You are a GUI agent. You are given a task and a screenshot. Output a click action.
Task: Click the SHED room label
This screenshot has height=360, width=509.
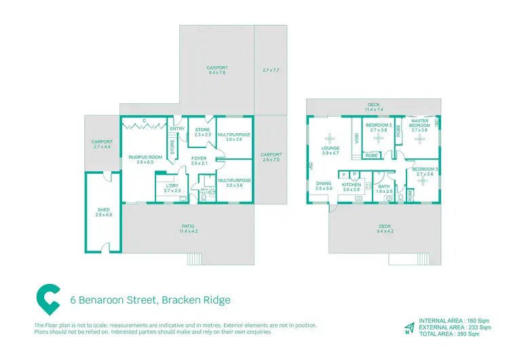[105, 215]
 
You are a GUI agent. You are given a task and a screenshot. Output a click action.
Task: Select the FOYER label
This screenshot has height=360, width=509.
[198, 158]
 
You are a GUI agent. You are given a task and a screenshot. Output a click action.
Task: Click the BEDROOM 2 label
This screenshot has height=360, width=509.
[377, 125]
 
